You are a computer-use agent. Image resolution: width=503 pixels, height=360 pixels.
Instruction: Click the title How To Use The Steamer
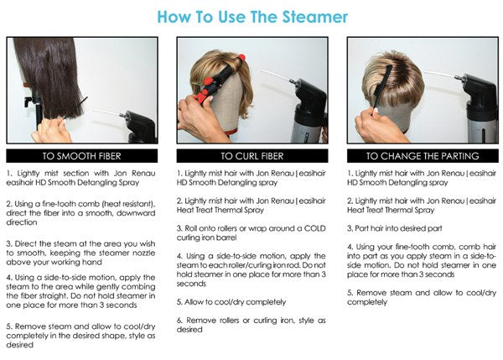(x=252, y=17)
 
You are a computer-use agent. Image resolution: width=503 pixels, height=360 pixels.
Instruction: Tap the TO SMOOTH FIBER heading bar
(x=82, y=156)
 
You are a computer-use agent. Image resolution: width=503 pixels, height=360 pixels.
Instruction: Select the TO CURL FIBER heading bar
(x=252, y=156)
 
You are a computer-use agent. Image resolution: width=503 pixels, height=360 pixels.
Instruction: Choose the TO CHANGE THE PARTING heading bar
(x=423, y=156)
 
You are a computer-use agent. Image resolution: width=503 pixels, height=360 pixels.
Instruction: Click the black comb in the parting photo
(x=381, y=90)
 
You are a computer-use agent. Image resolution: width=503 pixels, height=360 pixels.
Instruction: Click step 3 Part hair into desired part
(x=395, y=228)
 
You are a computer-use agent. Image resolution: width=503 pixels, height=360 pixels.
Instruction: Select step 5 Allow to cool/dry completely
(x=231, y=302)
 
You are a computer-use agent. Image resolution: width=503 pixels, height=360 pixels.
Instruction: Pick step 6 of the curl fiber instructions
(x=251, y=325)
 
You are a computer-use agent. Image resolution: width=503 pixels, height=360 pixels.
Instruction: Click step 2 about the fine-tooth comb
(x=80, y=213)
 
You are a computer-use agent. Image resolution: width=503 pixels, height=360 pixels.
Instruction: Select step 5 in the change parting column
(x=422, y=297)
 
